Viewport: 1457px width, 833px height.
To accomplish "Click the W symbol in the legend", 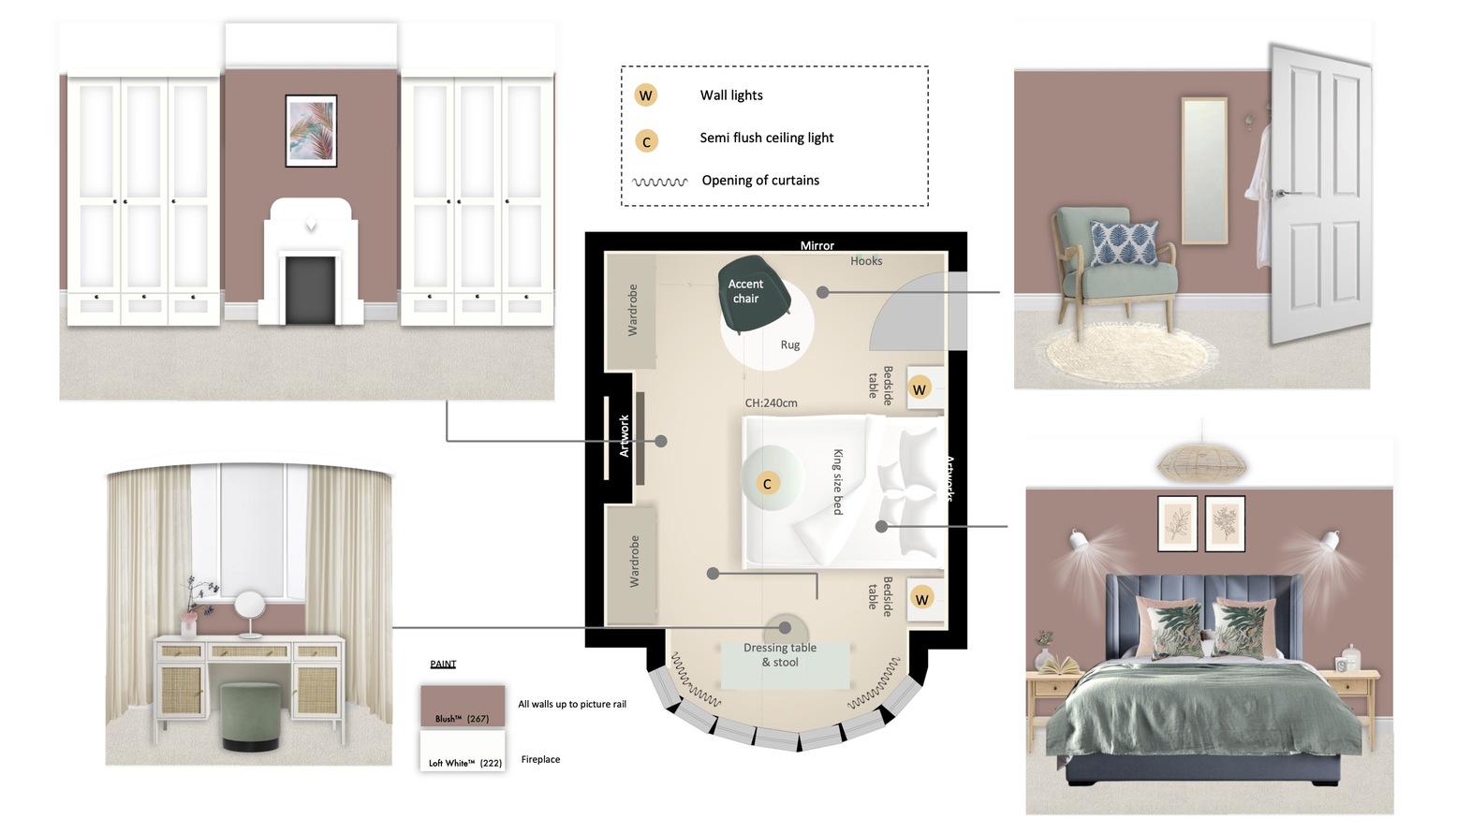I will [645, 95].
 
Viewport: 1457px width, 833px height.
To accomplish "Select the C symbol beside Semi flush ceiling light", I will [646, 141].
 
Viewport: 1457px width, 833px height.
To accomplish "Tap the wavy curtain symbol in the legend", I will [660, 182].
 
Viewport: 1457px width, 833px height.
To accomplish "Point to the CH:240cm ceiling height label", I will [771, 403].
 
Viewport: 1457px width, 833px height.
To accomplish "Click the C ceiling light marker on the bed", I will [767, 484].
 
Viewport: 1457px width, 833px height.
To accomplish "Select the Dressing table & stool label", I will [780, 655].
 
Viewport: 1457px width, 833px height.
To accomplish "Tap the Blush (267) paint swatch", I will [463, 706].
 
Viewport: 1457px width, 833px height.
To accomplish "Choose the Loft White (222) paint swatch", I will [463, 752].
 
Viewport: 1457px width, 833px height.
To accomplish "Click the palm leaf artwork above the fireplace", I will [311, 131].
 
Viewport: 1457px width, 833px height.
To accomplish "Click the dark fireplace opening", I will [310, 290].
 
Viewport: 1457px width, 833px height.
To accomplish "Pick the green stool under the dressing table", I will [250, 716].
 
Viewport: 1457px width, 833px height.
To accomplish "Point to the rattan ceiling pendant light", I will [1201, 462].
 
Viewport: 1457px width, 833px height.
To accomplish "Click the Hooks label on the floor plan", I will [866, 261].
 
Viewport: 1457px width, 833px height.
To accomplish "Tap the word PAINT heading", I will [443, 664].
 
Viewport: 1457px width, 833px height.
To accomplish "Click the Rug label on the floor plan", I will [790, 345].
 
